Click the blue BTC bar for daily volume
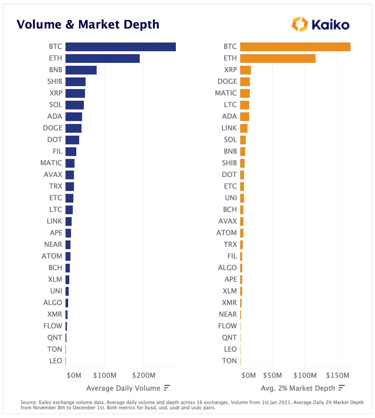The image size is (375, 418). (x=121, y=47)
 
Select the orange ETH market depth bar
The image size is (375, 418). (x=278, y=59)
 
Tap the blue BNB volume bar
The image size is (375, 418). (x=81, y=70)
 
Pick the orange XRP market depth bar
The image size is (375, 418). (x=245, y=70)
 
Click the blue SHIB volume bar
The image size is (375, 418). (x=75, y=82)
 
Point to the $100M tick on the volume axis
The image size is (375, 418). (x=105, y=375)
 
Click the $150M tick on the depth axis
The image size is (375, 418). (x=338, y=375)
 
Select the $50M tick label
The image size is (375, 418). (x=273, y=375)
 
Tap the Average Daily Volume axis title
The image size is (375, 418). (x=123, y=388)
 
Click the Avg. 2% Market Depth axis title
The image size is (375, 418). (x=298, y=388)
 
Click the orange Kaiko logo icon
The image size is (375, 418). (x=300, y=24)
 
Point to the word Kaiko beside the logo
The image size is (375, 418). (x=330, y=25)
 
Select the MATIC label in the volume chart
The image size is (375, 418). (x=51, y=163)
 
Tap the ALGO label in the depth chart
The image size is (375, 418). (x=227, y=268)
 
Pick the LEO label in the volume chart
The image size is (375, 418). (x=56, y=361)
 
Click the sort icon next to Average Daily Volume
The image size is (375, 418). (x=167, y=388)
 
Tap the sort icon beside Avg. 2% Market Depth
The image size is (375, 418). (x=342, y=388)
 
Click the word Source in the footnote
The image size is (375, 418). (x=29, y=402)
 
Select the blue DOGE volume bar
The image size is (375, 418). (x=73, y=128)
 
